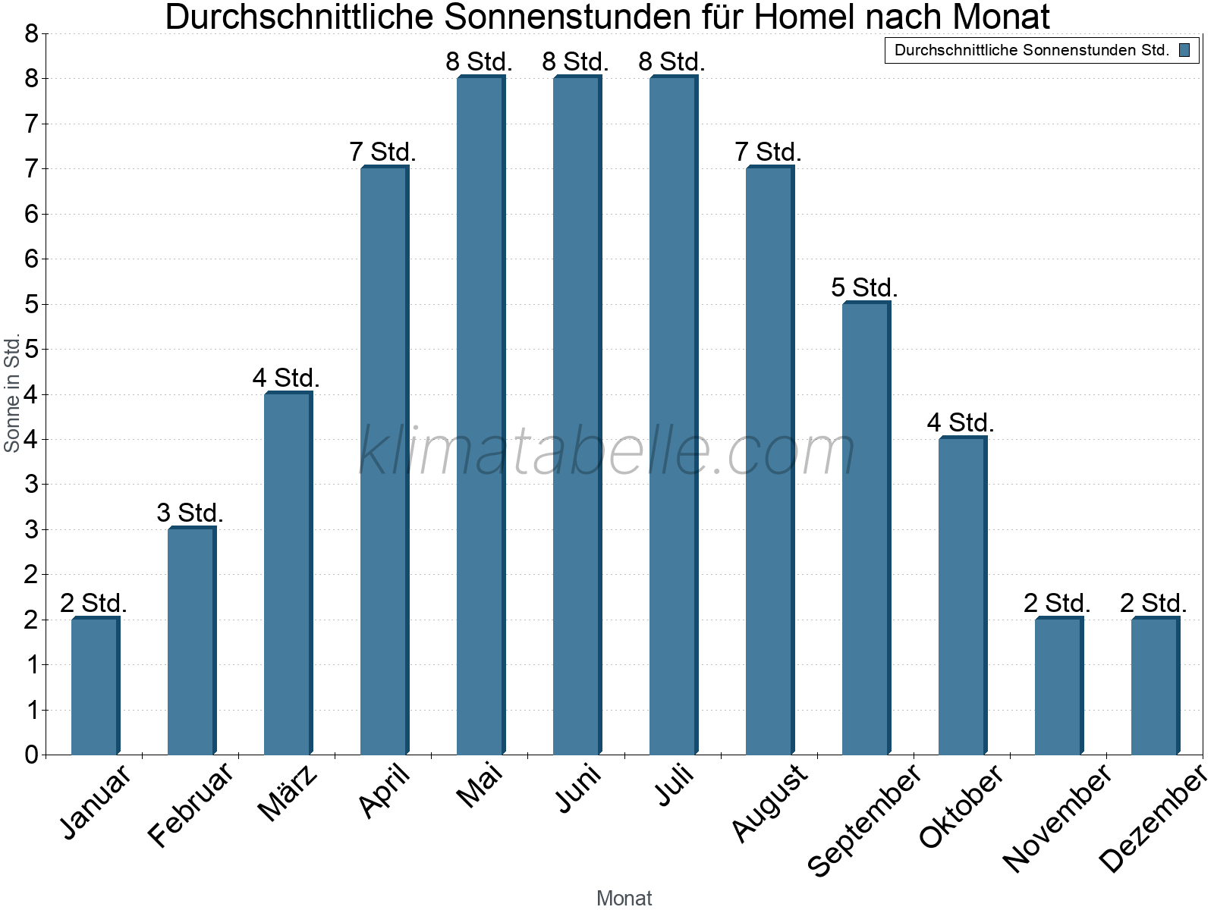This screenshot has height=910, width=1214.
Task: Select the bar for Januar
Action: coord(95,686)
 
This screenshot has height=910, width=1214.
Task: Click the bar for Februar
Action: coord(191,641)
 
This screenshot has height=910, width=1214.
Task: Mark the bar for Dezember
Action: coord(1155,686)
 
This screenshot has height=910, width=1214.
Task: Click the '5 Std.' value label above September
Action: coord(864,288)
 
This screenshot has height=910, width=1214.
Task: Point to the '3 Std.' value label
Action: coord(190,513)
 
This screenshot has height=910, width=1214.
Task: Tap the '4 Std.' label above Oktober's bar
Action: coord(960,423)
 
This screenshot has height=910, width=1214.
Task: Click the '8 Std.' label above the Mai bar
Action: coord(479,62)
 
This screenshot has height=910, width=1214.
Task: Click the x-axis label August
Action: coord(769,802)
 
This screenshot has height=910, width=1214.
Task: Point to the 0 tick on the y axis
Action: coord(31,755)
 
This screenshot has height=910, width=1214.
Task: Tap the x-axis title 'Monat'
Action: coord(624,898)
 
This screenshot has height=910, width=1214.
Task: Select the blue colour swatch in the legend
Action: coord(1184,51)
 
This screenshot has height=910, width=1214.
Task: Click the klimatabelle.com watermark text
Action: coord(607,451)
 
